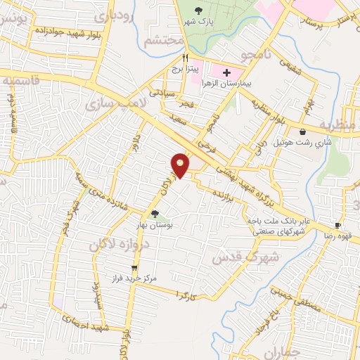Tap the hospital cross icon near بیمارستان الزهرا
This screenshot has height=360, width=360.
tap(226, 72)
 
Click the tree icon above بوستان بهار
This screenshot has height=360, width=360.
tap(155, 214)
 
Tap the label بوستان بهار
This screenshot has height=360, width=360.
tap(155, 225)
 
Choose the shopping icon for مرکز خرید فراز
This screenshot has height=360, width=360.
tap(134, 268)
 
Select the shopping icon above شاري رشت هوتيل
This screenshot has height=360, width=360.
tap(302, 131)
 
